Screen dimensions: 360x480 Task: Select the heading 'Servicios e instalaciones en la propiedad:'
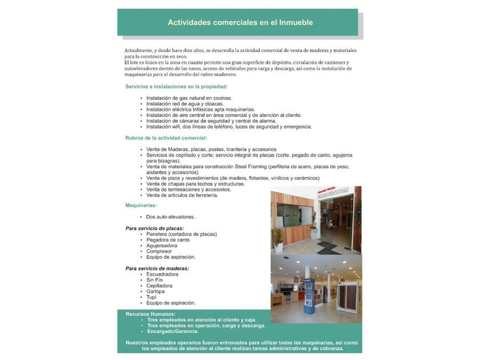pyautogui.click(x=177, y=86)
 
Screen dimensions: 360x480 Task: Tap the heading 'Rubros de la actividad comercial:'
pyautogui.click(x=166, y=138)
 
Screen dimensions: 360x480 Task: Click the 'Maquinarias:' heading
pyautogui.click(x=141, y=205)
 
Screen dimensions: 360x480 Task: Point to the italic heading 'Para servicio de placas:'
pyautogui.click(x=155, y=228)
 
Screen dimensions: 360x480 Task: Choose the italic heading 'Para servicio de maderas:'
pyautogui.click(x=157, y=268)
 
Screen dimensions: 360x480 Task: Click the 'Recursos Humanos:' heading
pyautogui.click(x=151, y=314)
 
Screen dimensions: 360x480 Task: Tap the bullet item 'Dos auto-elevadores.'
pyautogui.click(x=170, y=217)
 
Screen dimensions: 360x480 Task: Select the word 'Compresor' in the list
pyautogui.click(x=159, y=251)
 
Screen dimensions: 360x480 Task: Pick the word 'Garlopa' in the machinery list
pyautogui.click(x=155, y=291)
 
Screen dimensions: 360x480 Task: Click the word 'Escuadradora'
pyautogui.click(x=162, y=274)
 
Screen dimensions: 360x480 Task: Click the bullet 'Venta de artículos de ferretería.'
pyautogui.click(x=182, y=195)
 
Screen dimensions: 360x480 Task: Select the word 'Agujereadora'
pyautogui.click(x=162, y=245)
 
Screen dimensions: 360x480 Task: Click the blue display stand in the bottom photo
pyautogui.click(x=309, y=295)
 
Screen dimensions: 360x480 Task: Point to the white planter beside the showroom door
pyautogui.click(x=278, y=247)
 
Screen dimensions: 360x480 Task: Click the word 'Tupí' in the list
pyautogui.click(x=151, y=297)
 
